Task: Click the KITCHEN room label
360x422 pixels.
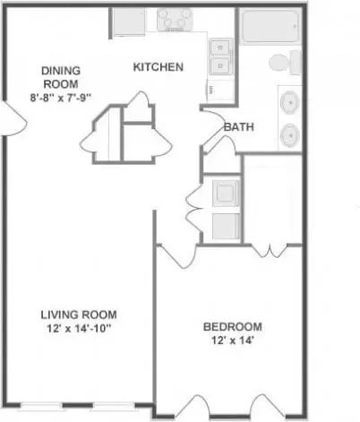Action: pyautogui.click(x=158, y=67)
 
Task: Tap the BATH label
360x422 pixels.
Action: pyautogui.click(x=239, y=127)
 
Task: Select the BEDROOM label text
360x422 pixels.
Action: pyautogui.click(x=233, y=327)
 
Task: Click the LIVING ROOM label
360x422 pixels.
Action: pyautogui.click(x=79, y=314)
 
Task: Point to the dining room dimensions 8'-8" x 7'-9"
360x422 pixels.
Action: pyautogui.click(x=61, y=98)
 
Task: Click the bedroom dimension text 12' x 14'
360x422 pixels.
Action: pyautogui.click(x=233, y=340)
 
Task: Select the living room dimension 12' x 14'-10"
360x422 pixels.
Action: pyautogui.click(x=79, y=329)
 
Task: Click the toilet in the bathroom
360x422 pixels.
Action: pyautogui.click(x=285, y=63)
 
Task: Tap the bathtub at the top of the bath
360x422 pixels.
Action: pyautogui.click(x=270, y=26)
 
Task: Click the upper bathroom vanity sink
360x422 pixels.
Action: pyautogui.click(x=289, y=103)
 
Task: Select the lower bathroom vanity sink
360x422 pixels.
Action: pyautogui.click(x=289, y=135)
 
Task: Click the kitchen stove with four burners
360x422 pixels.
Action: pyautogui.click(x=175, y=20)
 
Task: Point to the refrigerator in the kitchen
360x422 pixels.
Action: pyautogui.click(x=129, y=22)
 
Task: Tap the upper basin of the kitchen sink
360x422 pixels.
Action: pyautogui.click(x=220, y=47)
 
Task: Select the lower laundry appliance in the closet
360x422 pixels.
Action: pyautogui.click(x=226, y=226)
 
